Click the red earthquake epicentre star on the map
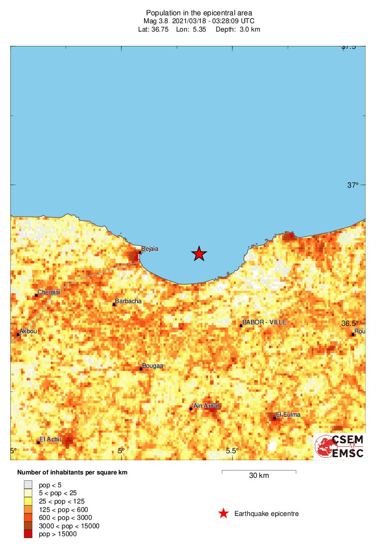coord(199,254)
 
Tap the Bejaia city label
coord(150,249)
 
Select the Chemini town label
coord(49,292)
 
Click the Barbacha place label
coord(128,301)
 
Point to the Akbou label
coord(28,332)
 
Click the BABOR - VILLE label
coord(264,322)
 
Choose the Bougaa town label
coord(152,366)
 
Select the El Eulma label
coord(288,415)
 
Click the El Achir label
coord(50,439)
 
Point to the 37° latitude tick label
coord(352,185)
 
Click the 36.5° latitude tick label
coord(351,323)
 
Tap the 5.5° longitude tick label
coord(232,451)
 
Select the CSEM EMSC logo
coord(339,446)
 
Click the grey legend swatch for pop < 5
coord(29,485)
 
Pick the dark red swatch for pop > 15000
coord(29,534)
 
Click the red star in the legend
coord(224,514)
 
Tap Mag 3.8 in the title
coord(156,21)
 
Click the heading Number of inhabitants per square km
coord(72,472)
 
